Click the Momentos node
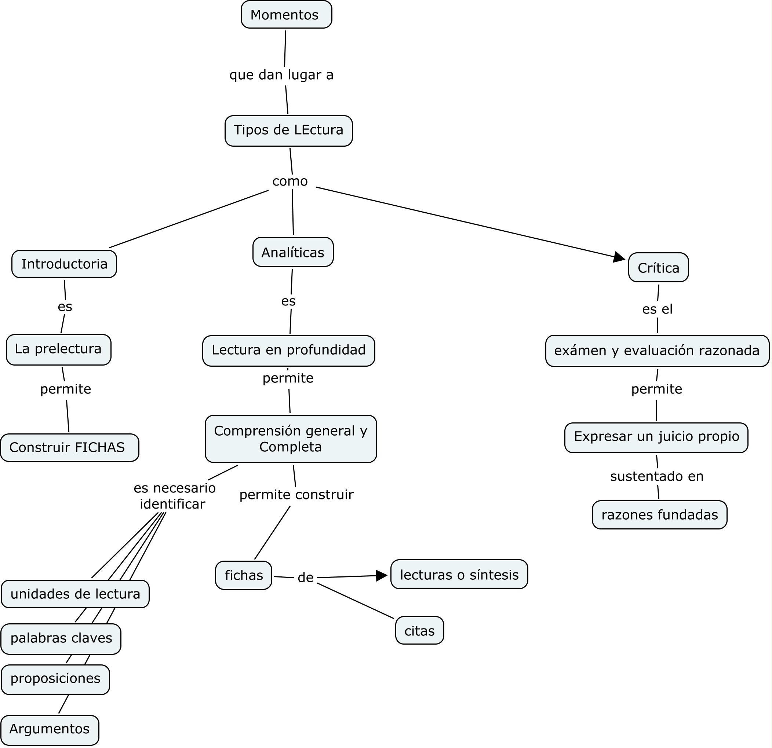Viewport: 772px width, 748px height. (286, 15)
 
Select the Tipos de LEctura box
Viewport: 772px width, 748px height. (288, 130)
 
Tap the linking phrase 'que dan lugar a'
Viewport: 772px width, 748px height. (281, 75)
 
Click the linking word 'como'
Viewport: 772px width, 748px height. (290, 181)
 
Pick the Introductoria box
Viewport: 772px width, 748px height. (64, 264)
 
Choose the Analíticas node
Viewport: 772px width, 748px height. (293, 252)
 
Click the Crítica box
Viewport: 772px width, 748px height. (658, 268)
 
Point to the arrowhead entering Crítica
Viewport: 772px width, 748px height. (619, 257)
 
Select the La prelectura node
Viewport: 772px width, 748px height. (58, 349)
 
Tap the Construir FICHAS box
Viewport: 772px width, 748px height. (69, 447)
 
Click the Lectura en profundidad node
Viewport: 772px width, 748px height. (288, 351)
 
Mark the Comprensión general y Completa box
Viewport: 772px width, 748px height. (291, 439)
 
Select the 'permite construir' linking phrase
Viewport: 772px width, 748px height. (296, 495)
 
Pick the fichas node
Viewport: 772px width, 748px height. (243, 575)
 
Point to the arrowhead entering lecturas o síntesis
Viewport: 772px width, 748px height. (381, 576)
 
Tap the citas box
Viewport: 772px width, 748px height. (419, 631)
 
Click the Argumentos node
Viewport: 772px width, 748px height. (50, 729)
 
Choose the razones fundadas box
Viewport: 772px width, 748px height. (659, 514)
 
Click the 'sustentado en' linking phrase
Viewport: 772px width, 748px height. (656, 476)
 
